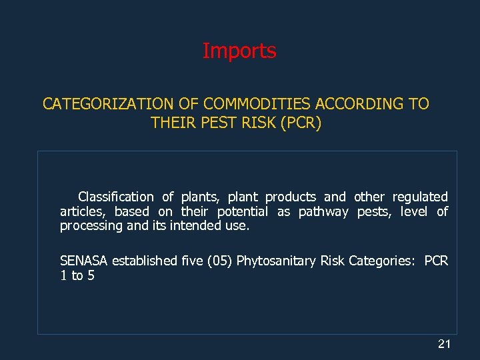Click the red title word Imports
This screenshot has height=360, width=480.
tap(239, 51)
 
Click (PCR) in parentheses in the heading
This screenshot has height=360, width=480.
tap(301, 123)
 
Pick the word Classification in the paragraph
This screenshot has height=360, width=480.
tap(115, 197)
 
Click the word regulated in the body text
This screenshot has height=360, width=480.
tap(420, 197)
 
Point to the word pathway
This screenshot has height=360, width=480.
tap(323, 211)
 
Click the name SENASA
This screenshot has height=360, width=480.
tap(84, 261)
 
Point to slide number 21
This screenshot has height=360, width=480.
tap(444, 344)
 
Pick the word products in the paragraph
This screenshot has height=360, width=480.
tap(291, 197)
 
